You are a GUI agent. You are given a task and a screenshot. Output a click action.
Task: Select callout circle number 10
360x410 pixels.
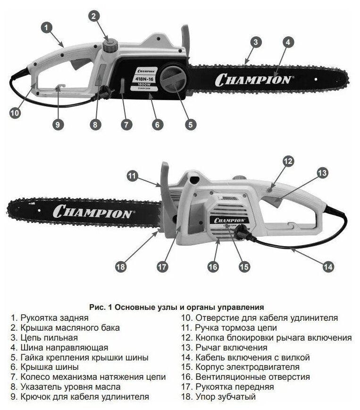click(x=16, y=114)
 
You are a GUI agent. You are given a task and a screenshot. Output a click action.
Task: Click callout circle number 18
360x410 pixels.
click(x=121, y=266)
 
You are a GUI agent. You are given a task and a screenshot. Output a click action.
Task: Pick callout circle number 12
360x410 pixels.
click(x=288, y=161)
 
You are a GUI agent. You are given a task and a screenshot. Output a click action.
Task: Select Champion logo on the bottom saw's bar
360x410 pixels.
click(x=93, y=211)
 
